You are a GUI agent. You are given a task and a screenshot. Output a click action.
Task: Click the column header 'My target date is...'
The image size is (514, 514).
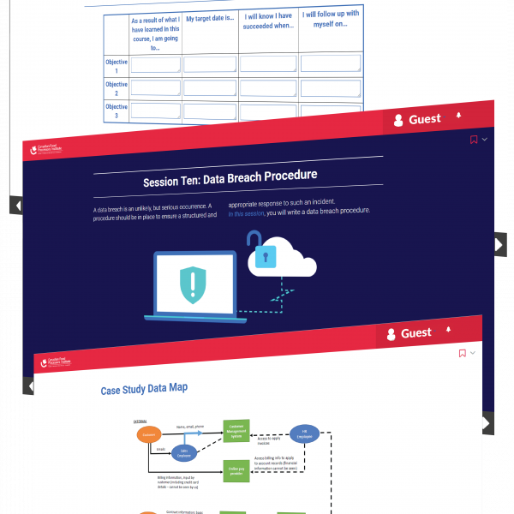click(x=209, y=18)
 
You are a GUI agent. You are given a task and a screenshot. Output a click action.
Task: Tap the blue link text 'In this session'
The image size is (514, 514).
click(x=247, y=212)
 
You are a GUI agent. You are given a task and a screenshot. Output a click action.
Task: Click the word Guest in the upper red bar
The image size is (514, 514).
click(x=425, y=119)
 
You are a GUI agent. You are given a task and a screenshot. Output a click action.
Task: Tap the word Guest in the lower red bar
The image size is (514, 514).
click(x=416, y=332)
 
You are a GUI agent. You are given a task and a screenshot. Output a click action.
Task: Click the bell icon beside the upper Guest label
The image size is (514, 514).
click(x=458, y=115)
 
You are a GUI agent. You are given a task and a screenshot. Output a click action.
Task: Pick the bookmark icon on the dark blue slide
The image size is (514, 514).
click(x=474, y=140)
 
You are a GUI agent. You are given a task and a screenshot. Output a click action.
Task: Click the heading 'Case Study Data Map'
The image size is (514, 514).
click(x=144, y=389)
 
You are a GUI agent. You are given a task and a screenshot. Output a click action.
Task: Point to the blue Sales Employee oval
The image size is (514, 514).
click(x=184, y=453)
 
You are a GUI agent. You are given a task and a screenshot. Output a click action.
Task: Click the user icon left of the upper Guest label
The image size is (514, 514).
click(x=398, y=122)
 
